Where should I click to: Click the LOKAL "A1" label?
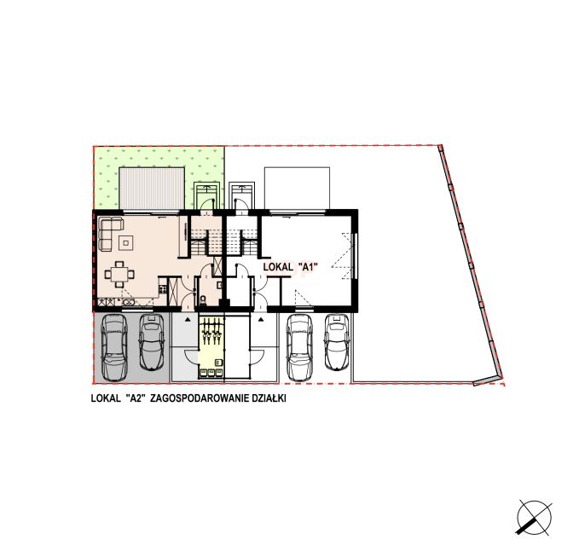click(291, 266)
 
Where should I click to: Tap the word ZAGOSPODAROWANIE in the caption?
click(200, 398)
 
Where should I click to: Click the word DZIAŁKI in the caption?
click(269, 398)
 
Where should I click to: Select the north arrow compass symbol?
click(535, 518)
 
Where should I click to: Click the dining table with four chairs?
click(119, 274)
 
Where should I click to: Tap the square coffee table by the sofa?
click(126, 242)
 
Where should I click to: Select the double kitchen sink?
click(129, 302)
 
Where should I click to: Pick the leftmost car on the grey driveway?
click(113, 347)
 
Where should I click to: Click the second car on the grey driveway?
click(152, 342)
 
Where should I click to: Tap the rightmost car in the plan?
click(336, 342)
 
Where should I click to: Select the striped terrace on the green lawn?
click(152, 188)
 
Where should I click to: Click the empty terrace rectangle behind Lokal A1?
click(297, 188)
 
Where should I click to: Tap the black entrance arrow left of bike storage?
click(188, 318)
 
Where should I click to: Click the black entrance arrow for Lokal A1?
click(262, 318)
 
